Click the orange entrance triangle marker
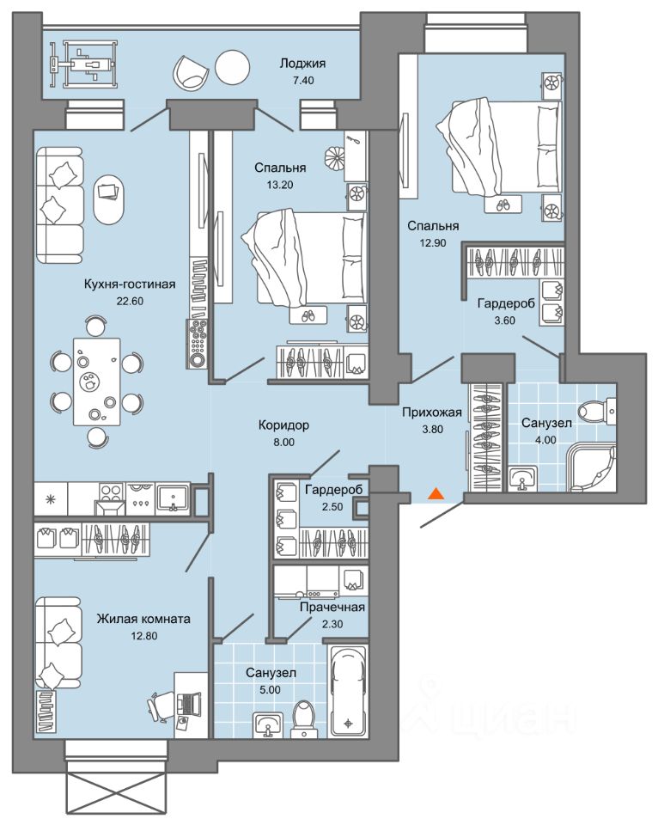click(436, 493)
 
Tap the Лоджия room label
click(302, 64)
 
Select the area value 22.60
click(130, 302)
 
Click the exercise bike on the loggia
click(82, 65)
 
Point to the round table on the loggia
click(232, 66)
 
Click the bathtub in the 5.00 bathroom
click(347, 691)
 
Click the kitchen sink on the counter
click(173, 498)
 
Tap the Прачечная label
click(332, 608)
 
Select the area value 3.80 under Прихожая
click(433, 430)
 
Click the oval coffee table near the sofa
click(109, 200)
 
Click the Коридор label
click(283, 425)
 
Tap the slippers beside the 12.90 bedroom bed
click(503, 205)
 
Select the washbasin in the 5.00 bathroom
click(268, 725)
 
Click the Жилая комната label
click(143, 619)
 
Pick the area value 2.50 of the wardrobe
click(332, 507)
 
